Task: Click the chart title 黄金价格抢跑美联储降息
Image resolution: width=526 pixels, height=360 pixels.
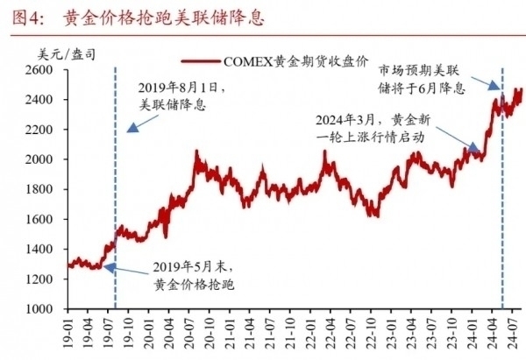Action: pyautogui.click(x=163, y=17)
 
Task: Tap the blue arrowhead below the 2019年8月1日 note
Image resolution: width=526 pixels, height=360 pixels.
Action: pyautogui.click(x=131, y=128)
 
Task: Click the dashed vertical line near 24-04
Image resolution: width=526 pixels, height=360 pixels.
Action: pyautogui.click(x=501, y=175)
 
